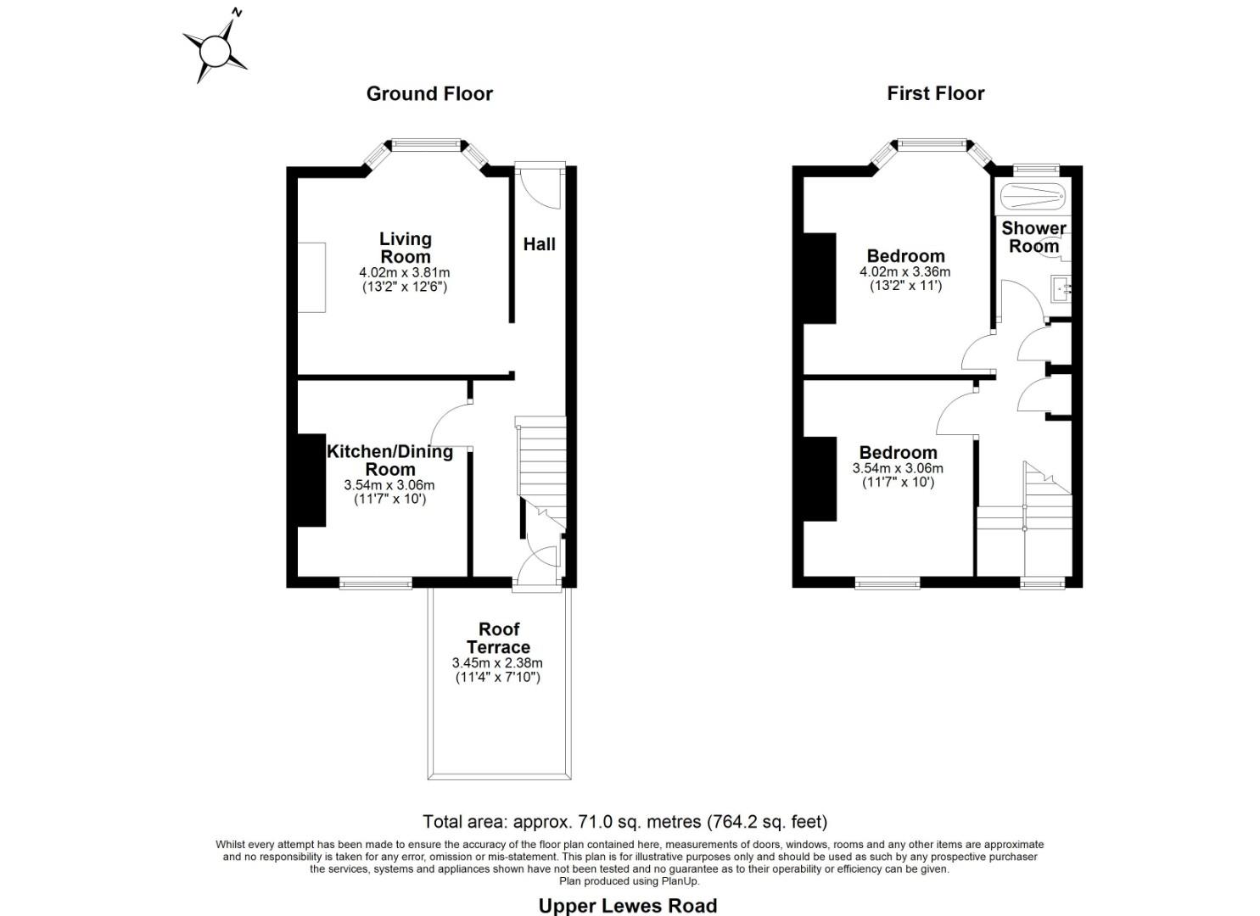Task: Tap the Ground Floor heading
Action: pos(429,94)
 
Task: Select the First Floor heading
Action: pos(935,94)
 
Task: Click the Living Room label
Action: pos(405,248)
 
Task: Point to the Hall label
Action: pos(539,244)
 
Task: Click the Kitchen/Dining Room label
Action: pos(390,460)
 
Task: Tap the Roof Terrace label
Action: pos(499,638)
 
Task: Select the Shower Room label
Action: pos(1033,237)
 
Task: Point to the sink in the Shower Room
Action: pos(1061,289)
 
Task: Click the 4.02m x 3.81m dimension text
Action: pos(405,273)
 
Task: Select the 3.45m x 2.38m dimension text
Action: pos(498,663)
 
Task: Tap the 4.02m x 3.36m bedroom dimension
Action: pos(905,272)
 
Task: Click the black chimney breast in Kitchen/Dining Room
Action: pos(311,480)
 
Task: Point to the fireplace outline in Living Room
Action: pos(311,277)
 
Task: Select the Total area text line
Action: pos(624,821)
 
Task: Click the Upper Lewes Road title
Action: pos(628,906)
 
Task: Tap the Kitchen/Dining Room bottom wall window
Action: pos(375,583)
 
